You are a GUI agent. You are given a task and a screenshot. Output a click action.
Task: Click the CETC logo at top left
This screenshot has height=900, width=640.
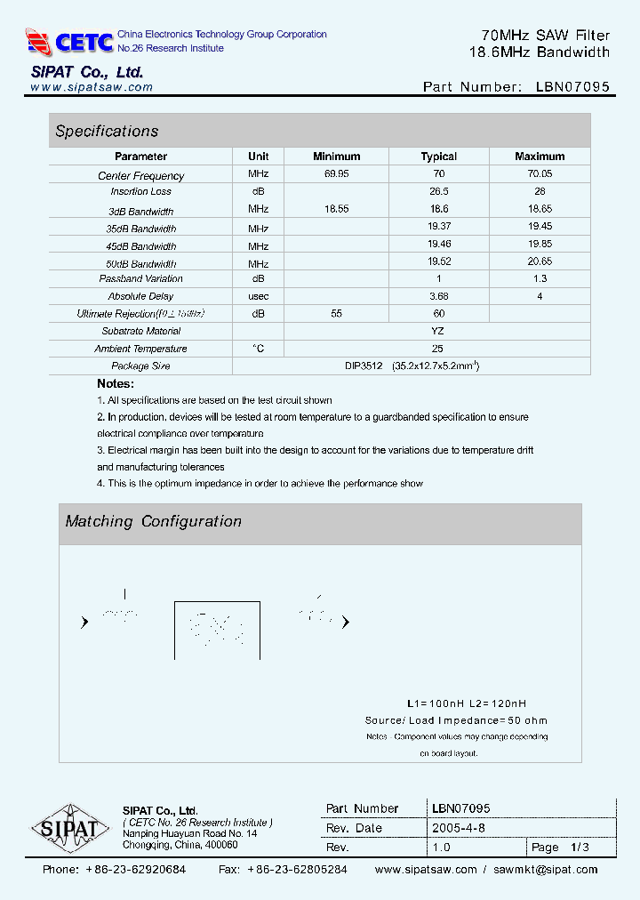click(x=69, y=41)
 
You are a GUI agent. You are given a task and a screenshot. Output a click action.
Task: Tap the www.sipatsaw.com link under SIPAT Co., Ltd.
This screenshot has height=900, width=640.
click(x=92, y=87)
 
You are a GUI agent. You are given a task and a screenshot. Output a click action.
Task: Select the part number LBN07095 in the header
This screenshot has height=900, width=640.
click(x=572, y=87)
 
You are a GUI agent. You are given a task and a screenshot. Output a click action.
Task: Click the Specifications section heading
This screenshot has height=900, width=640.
click(x=107, y=131)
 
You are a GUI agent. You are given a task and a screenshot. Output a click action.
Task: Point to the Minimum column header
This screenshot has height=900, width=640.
click(x=336, y=157)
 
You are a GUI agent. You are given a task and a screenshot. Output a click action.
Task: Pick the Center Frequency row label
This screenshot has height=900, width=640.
click(x=140, y=176)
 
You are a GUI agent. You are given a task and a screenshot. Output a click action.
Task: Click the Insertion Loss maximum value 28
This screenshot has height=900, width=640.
click(x=540, y=191)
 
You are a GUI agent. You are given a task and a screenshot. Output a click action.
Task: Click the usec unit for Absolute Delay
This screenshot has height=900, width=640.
click(x=259, y=296)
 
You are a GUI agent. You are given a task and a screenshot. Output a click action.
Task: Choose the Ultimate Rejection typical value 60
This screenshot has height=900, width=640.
click(x=438, y=313)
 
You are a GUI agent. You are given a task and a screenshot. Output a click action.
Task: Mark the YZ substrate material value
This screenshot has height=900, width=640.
click(x=437, y=331)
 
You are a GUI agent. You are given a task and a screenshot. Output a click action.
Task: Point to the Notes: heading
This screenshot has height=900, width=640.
click(x=116, y=383)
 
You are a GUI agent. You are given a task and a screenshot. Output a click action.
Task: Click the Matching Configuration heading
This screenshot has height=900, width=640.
click(x=153, y=521)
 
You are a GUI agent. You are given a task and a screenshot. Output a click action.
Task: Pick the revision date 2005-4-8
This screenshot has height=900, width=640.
click(x=459, y=828)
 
